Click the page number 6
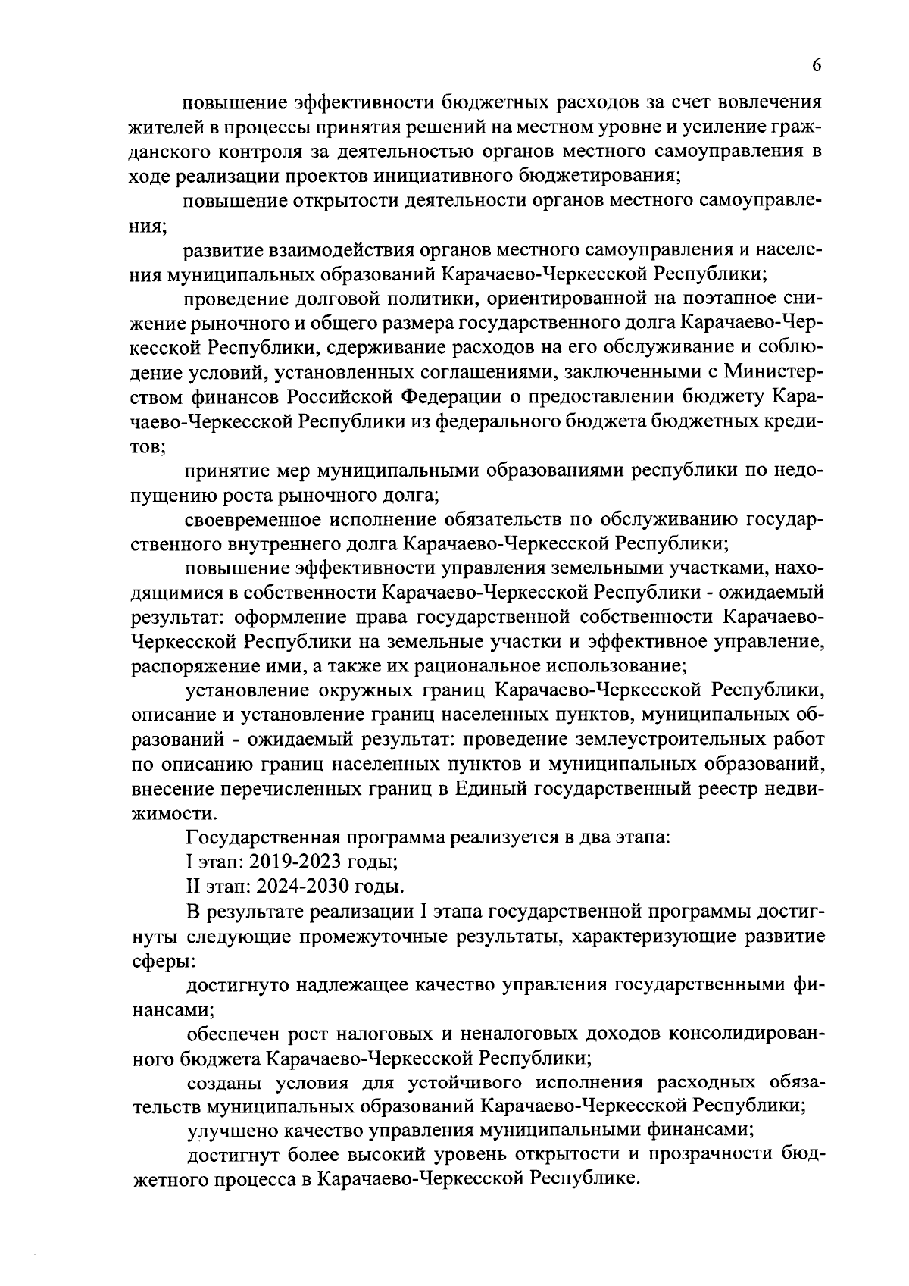click(x=817, y=66)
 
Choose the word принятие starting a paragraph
click(x=229, y=471)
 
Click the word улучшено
click(x=226, y=1131)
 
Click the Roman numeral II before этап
click(x=192, y=886)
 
